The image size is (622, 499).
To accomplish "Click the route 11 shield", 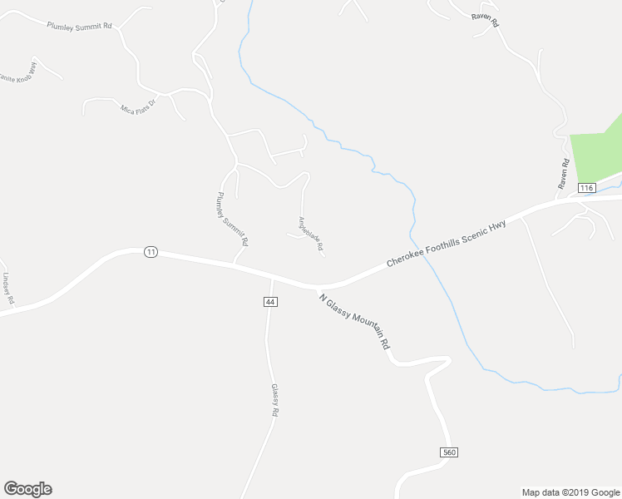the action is tap(150, 252).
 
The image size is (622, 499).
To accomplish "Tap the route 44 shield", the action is tap(269, 301).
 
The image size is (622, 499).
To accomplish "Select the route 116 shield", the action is tap(587, 189).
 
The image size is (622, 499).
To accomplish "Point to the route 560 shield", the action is tap(449, 452).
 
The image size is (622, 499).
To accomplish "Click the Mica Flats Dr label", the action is tap(138, 111).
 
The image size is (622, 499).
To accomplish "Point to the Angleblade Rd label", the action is tap(310, 234).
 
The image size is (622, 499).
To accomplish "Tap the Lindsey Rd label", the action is tap(7, 289).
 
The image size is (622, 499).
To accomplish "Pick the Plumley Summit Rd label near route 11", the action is tap(233, 220).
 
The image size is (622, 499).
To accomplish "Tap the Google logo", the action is tap(27, 489).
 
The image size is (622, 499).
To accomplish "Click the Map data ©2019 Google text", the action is tap(570, 492).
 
